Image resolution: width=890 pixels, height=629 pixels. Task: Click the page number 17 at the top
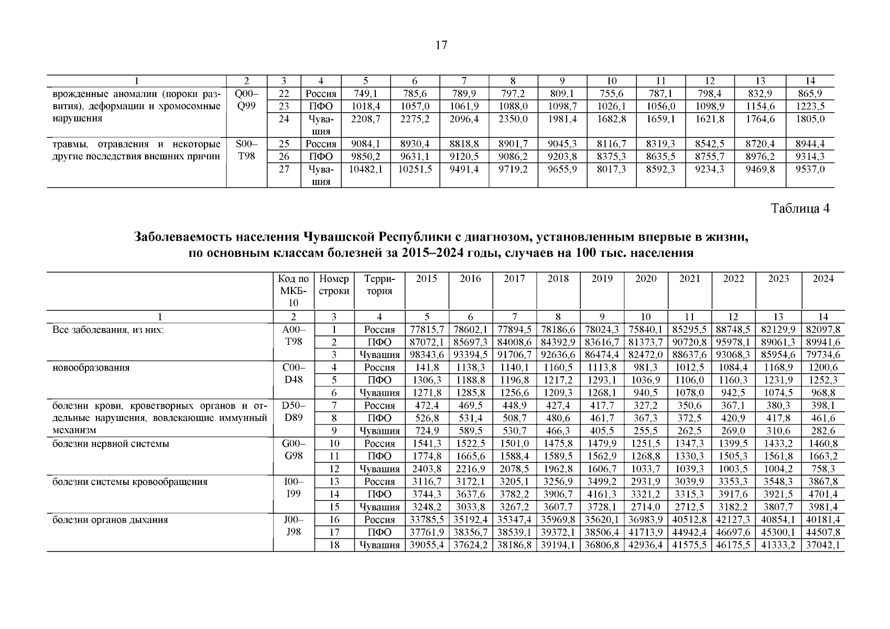coord(441,46)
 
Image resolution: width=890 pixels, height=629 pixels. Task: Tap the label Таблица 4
coord(800,209)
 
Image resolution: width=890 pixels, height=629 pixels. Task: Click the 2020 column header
coord(646,279)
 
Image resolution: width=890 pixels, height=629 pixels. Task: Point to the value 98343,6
coord(427,355)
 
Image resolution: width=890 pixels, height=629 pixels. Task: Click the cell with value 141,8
coord(427,367)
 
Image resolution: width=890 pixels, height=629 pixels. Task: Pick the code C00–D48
coord(294,374)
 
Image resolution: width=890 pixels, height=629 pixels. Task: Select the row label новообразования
coord(91,367)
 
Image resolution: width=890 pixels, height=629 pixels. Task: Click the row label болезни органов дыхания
coord(110,520)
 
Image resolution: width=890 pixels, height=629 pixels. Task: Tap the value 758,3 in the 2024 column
coord(823,469)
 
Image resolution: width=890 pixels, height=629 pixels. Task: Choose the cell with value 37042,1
coord(823,545)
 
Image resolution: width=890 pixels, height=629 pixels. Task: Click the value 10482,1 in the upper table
coord(365,170)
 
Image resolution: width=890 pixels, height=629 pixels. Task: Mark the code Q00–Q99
coord(246,100)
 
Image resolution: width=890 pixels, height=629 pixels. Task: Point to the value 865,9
coord(810,94)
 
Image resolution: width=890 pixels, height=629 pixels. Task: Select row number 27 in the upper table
coord(284,170)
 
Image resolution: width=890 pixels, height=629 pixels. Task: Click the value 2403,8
coord(427,469)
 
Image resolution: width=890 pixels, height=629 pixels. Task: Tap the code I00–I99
coord(294,488)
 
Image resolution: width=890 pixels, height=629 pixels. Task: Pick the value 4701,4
coord(823,494)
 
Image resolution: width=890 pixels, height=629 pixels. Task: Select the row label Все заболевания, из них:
coord(108,330)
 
